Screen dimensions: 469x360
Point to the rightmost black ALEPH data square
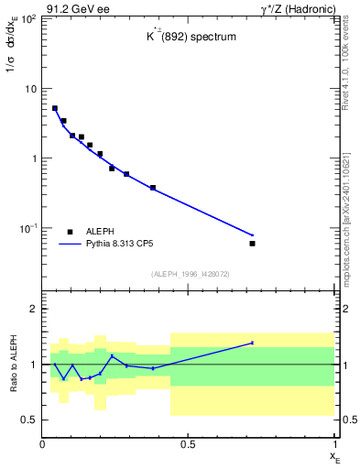click(x=252, y=243)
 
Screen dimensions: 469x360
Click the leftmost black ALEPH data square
click(x=55, y=108)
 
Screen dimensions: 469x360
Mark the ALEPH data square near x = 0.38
click(x=153, y=188)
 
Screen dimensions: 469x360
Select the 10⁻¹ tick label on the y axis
click(x=27, y=227)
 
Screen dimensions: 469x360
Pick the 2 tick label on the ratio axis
click(x=33, y=309)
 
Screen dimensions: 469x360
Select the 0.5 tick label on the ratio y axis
click(x=29, y=420)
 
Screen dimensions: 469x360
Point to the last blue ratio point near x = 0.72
click(x=252, y=343)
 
